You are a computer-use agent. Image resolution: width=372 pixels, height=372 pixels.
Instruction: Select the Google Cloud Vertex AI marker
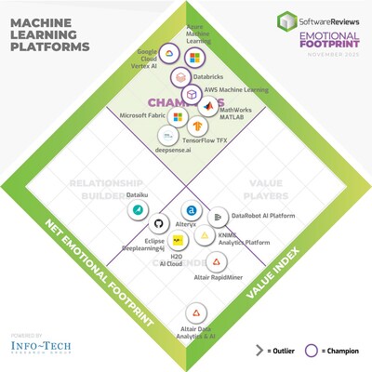[172, 54]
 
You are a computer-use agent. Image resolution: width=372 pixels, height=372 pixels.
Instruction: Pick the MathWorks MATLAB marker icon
[206, 110]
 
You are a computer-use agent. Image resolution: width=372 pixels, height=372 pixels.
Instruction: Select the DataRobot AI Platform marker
[217, 217]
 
